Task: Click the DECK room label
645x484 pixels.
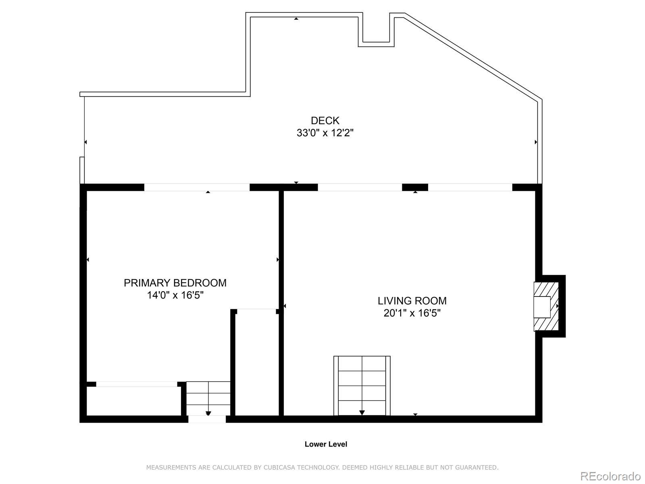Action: click(325, 121)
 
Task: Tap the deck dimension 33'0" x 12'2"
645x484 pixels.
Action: click(325, 133)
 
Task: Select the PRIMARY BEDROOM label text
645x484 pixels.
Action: click(175, 283)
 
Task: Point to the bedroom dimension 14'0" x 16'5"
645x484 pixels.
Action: click(175, 295)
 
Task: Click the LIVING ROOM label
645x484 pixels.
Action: click(412, 301)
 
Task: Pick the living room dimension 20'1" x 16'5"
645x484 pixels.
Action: click(412, 313)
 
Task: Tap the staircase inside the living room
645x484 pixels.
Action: click(362, 385)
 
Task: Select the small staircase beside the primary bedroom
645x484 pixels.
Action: click(208, 398)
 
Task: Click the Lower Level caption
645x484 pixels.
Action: click(326, 444)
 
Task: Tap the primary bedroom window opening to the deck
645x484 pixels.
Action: click(197, 187)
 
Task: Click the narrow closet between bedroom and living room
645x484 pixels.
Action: click(257, 363)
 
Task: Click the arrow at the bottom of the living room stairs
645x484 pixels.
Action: click(362, 412)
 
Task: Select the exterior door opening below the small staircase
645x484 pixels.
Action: click(207, 419)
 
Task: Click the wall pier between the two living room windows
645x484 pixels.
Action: click(415, 187)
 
